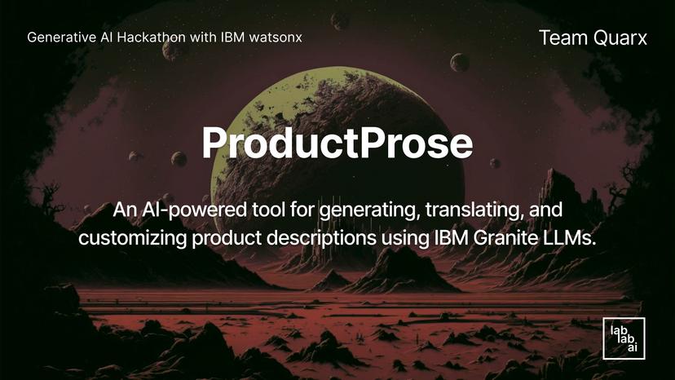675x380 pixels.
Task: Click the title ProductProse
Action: click(x=337, y=143)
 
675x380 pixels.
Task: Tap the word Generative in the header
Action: click(x=59, y=38)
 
